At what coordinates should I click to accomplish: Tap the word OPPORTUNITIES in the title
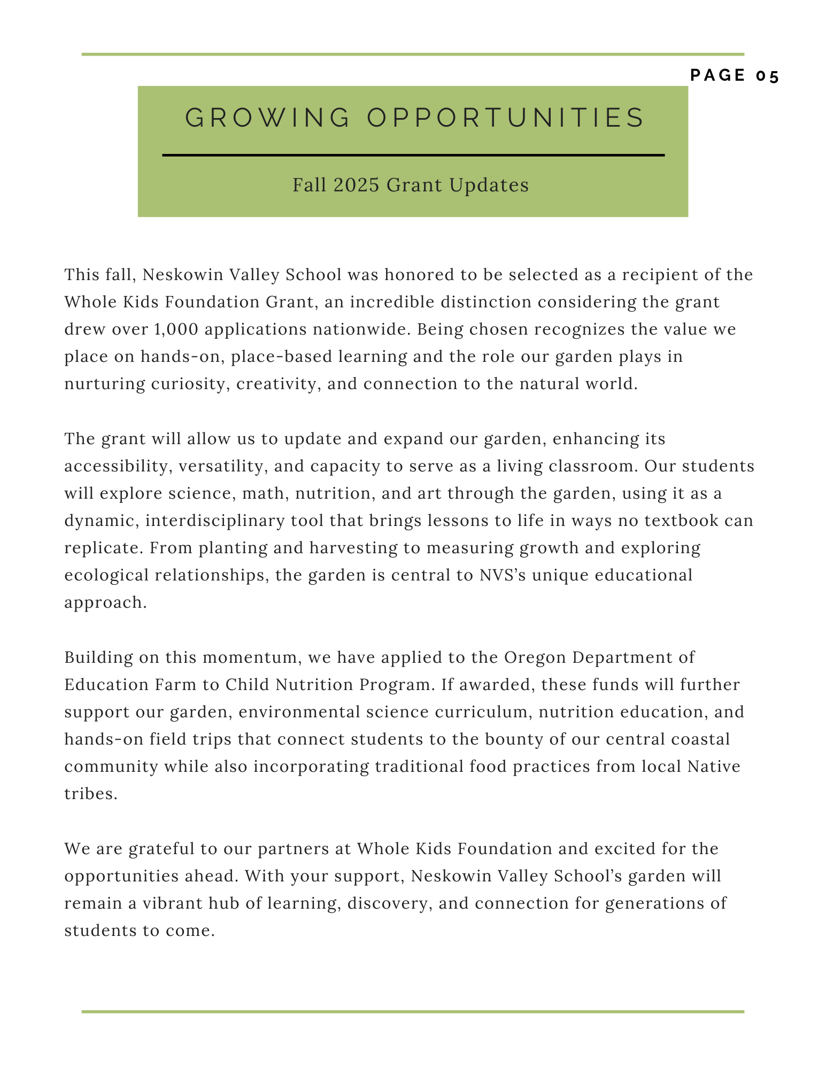pyautogui.click(x=505, y=118)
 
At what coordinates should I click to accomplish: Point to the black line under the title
pyautogui.click(x=413, y=156)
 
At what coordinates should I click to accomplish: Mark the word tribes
pyautogui.click(x=90, y=794)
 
